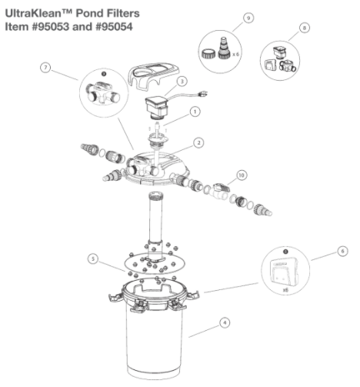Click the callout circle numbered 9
tap(248, 18)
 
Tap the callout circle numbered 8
tap(305, 28)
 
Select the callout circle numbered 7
tap(45, 68)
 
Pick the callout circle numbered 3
tap(182, 82)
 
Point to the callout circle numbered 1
tap(195, 112)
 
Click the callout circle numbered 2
tap(198, 142)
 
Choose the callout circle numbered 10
tap(242, 175)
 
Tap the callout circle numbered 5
tap(93, 259)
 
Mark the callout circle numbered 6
tap(343, 251)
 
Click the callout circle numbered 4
tap(225, 322)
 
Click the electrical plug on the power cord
tap(202, 95)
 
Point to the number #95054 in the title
tap(114, 27)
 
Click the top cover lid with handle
tap(155, 75)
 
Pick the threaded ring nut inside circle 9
tap(208, 54)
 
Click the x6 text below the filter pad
tap(285, 290)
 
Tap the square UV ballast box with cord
tap(157, 107)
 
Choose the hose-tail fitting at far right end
tap(262, 209)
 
